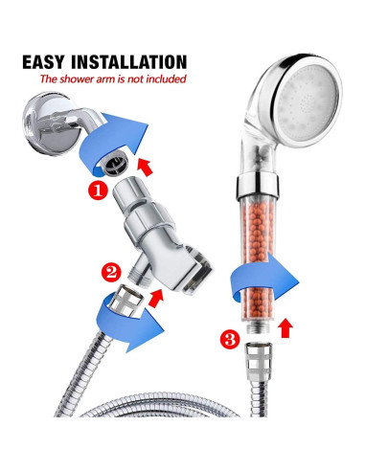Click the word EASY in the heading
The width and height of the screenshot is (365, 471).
pyautogui.click(x=43, y=62)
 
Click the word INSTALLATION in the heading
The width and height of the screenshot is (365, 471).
pyautogui.click(x=128, y=62)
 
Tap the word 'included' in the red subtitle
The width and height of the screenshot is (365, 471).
pyautogui.click(x=166, y=78)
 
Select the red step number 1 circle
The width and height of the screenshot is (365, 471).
pyautogui.click(x=98, y=191)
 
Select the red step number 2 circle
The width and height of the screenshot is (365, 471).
pyautogui.click(x=111, y=273)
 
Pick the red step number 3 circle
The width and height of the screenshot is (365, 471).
pyautogui.click(x=230, y=340)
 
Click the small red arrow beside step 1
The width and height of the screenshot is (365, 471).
pyautogui.click(x=145, y=168)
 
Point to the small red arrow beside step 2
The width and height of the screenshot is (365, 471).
pyautogui.click(x=156, y=298)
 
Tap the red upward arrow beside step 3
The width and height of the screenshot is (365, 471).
pyautogui.click(x=285, y=327)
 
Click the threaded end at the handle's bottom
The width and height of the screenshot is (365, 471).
pyautogui.click(x=259, y=328)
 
